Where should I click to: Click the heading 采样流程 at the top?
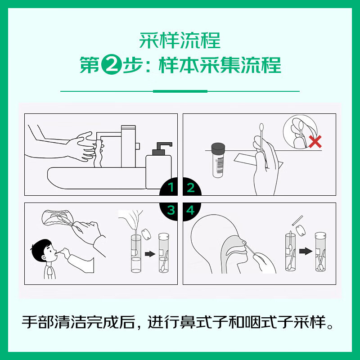click(x=180, y=40)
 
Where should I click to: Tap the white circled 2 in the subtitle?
click(x=109, y=65)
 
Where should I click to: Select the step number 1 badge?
click(x=171, y=188)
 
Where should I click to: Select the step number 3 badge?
click(x=171, y=210)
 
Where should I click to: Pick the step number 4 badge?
click(x=191, y=210)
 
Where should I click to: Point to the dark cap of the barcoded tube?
click(x=218, y=148)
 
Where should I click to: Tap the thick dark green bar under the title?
click(x=180, y=91)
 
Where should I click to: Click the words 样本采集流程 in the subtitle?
click(x=220, y=65)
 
